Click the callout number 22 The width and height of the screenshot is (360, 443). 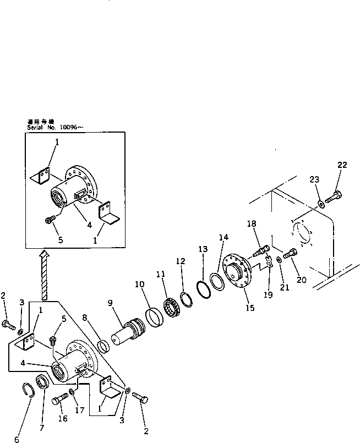342,165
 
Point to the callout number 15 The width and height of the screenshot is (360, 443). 250,308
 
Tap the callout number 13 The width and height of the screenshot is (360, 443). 203,249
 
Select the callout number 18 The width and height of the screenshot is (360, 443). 252,224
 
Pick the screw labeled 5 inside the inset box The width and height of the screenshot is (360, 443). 50,220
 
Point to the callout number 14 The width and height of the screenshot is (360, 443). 222,238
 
